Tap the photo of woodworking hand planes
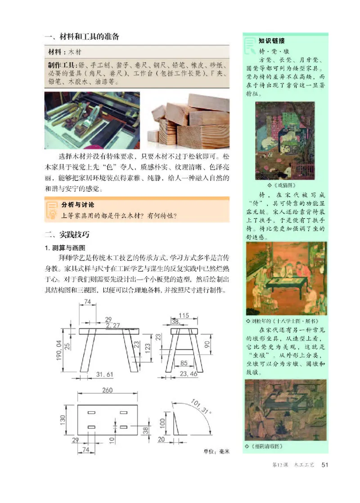click(x=92, y=120)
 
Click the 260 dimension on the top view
click(x=107, y=391)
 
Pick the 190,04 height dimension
click(x=58, y=350)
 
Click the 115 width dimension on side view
click(x=183, y=315)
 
